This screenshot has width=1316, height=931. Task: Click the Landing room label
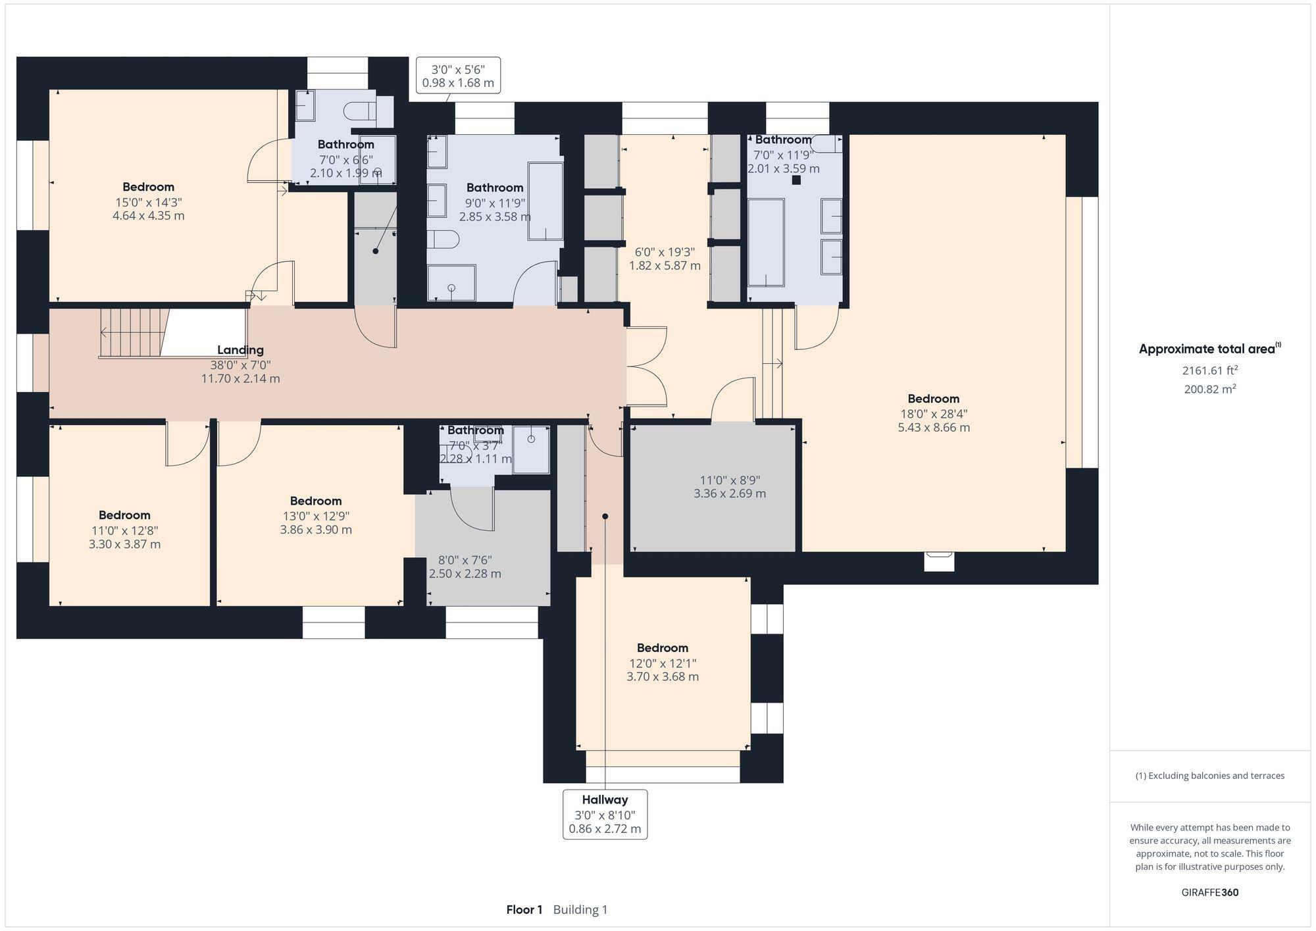tap(241, 350)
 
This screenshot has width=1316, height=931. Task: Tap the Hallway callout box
tap(605, 814)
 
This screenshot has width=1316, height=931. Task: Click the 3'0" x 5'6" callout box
tap(458, 75)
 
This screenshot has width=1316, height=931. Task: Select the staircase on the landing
tap(132, 334)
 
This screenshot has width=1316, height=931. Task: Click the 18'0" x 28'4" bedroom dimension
tap(933, 414)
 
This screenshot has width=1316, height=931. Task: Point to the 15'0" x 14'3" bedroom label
tap(148, 188)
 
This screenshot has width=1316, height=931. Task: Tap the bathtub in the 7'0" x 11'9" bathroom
tap(766, 243)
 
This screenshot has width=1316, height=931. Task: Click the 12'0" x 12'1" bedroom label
tap(662, 648)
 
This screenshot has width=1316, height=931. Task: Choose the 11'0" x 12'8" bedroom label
tap(124, 515)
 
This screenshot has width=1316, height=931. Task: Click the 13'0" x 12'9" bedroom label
tap(315, 501)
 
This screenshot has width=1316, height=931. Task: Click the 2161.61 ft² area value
tap(1209, 370)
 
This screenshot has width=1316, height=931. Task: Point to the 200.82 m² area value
tap(1209, 389)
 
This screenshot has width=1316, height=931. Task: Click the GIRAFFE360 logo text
tap(1209, 893)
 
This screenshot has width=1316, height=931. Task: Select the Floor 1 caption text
tap(524, 910)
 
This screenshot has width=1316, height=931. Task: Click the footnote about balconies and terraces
tap(1209, 776)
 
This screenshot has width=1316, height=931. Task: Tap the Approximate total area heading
tap(1209, 349)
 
